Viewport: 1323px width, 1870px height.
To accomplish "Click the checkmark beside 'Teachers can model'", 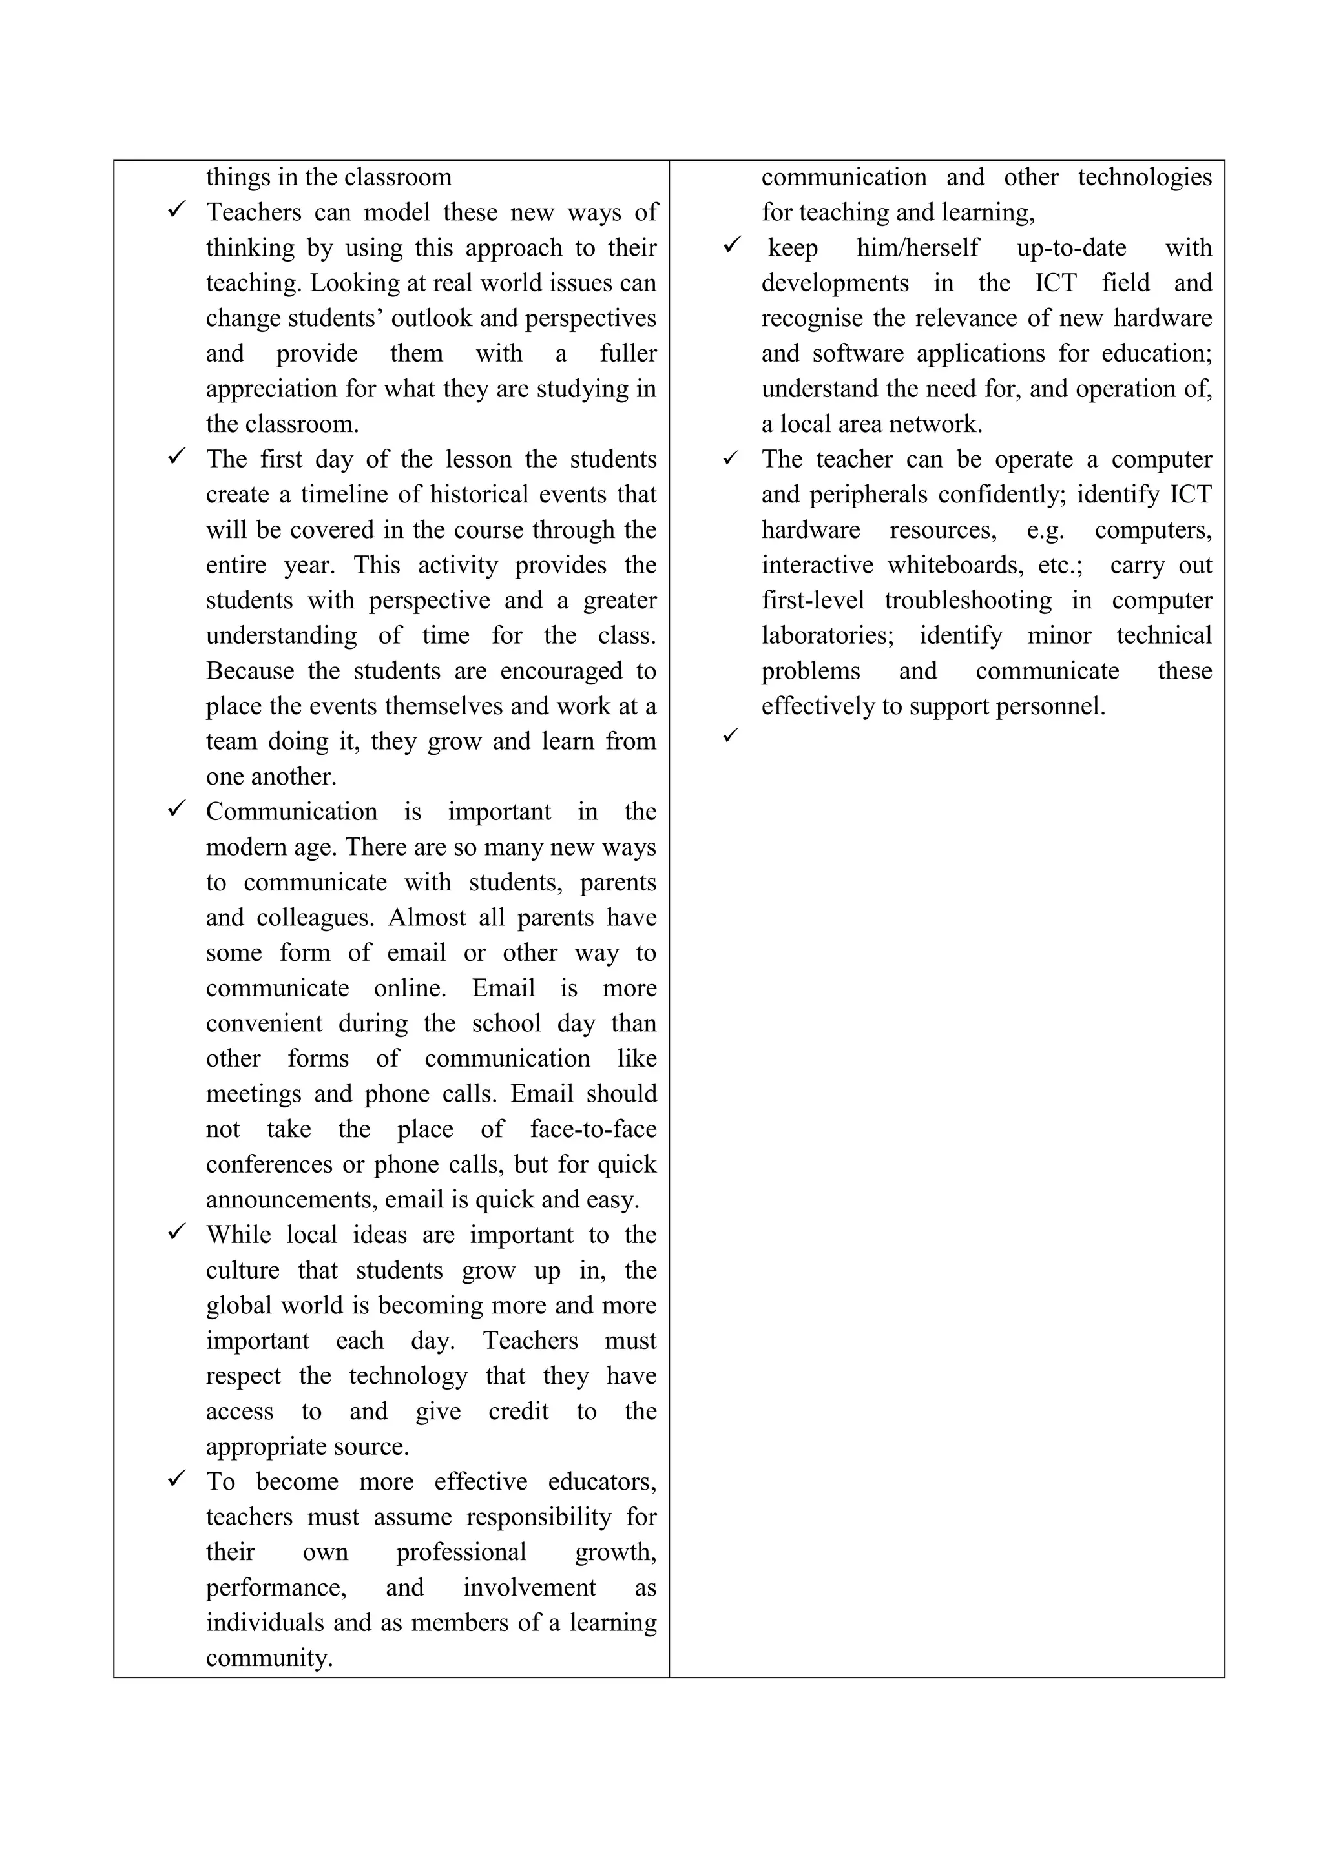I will coord(177,209).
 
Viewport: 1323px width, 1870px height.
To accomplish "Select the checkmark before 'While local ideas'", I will coord(177,1232).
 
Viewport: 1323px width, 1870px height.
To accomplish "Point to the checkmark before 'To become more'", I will coord(177,1479).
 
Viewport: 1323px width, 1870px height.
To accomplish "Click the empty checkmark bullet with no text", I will coord(730,735).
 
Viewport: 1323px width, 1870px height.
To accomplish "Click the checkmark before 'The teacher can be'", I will coord(730,458).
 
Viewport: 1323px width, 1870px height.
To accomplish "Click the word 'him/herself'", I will coord(917,247).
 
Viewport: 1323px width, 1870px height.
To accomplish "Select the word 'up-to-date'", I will coord(1071,247).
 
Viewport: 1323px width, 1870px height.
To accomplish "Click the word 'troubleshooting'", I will coord(968,601).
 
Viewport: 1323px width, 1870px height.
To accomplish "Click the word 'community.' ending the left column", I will coord(269,1658).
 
